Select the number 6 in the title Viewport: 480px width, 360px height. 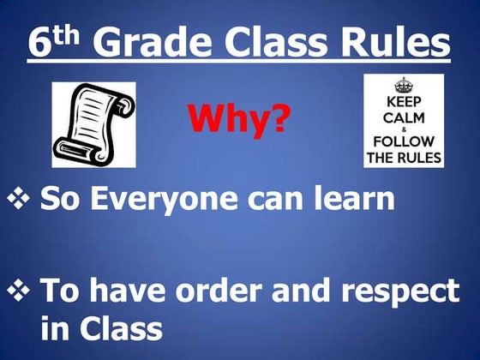click(39, 43)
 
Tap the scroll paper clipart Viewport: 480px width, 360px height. click(93, 125)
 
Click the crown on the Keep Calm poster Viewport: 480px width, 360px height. click(403, 86)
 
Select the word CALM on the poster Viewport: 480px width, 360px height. click(403, 115)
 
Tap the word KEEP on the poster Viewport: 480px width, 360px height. click(403, 100)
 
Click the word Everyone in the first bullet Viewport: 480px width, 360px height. click(165, 200)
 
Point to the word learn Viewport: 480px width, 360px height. click(354, 200)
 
